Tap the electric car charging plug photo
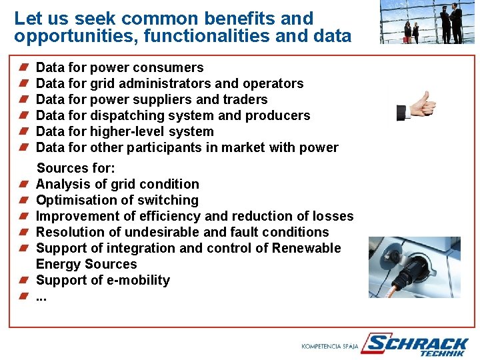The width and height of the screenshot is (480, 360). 414,267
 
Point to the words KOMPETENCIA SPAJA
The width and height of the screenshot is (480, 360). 330,347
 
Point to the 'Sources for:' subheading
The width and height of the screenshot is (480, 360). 76,168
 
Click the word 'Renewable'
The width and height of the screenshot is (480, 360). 308,248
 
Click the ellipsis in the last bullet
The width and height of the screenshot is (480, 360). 41,296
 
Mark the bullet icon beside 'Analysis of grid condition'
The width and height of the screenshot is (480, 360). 23,184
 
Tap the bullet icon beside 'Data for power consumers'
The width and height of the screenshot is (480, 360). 23,67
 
